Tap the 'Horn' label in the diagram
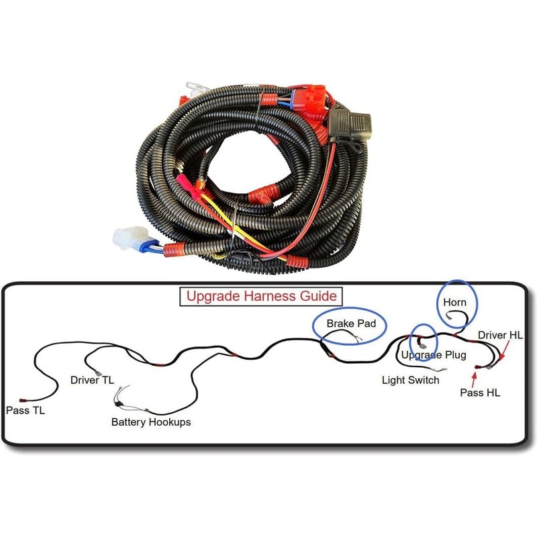pos(454,303)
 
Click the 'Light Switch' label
pos(410,380)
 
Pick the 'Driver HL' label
pos(499,334)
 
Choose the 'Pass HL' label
pos(479,393)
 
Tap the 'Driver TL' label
pos(92,380)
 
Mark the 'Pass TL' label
pos(25,409)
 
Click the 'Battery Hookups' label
pos(150,422)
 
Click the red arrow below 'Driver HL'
pos(503,351)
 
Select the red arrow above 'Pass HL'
pos(475,378)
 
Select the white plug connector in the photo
pos(128,238)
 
